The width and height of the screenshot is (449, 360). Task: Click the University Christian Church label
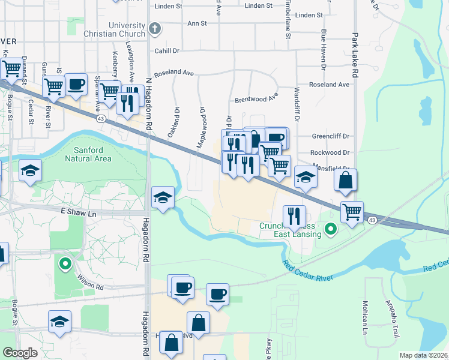click(x=127, y=29)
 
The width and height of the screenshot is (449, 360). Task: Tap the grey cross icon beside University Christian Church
click(x=155, y=28)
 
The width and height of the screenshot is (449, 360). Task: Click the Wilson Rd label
click(x=90, y=282)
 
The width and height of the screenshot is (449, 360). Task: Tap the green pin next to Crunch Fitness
click(x=330, y=229)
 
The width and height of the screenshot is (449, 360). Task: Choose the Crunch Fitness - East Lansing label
click(x=291, y=230)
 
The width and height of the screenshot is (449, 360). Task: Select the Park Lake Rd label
click(x=355, y=54)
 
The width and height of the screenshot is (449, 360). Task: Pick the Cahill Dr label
click(x=167, y=52)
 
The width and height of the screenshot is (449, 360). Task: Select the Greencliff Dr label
click(x=330, y=136)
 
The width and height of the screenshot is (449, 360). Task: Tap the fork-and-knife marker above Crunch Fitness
click(x=294, y=215)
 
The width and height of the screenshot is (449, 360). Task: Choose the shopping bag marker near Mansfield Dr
click(x=346, y=179)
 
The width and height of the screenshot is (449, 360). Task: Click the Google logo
click(x=20, y=352)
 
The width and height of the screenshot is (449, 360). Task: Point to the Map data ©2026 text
click(x=424, y=355)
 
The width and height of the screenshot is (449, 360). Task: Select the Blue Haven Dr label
click(x=324, y=42)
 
